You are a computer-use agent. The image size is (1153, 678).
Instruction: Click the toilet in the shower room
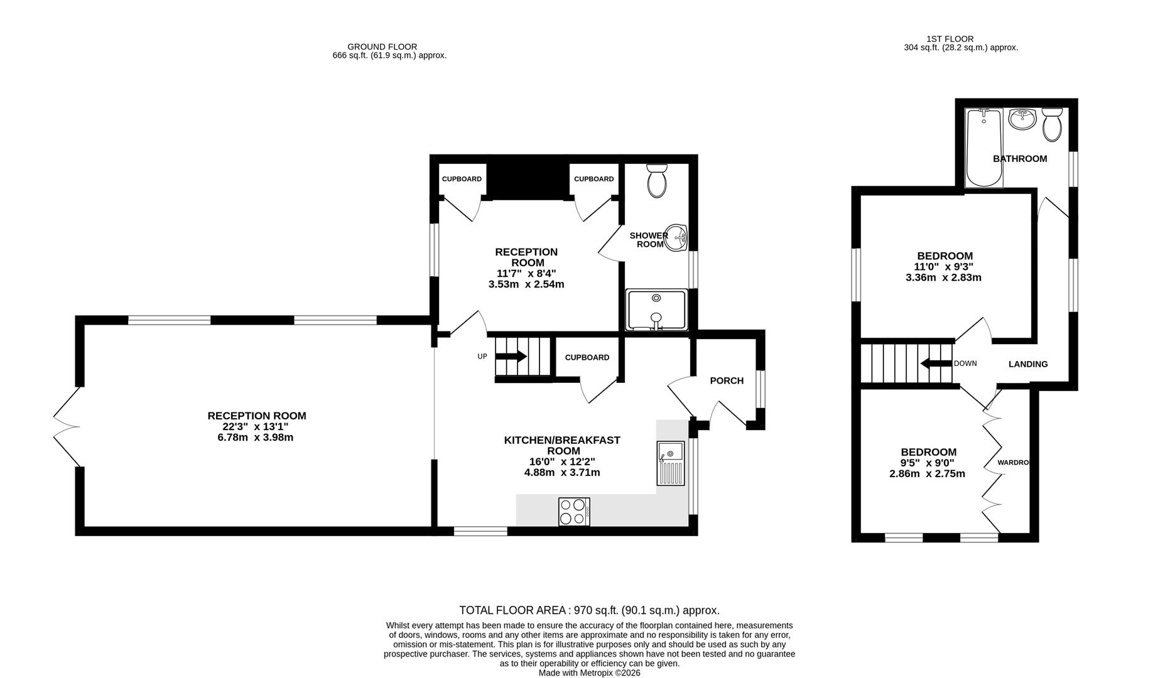[657, 181]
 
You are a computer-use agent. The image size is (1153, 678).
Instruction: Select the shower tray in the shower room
[657, 309]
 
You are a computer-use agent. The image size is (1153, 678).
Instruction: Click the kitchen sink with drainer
[671, 463]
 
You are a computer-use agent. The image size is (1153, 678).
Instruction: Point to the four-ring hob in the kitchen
[574, 511]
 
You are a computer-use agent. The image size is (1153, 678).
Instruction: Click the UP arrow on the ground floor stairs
[511, 357]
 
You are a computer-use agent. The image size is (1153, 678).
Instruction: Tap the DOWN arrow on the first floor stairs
[936, 363]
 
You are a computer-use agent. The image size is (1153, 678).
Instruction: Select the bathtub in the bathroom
[984, 148]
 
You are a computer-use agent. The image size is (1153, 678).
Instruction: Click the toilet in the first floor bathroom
[1052, 124]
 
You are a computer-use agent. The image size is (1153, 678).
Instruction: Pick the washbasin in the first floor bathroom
[1022, 119]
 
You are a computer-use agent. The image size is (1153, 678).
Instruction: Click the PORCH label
[727, 380]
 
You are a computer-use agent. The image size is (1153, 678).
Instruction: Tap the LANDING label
[1028, 364]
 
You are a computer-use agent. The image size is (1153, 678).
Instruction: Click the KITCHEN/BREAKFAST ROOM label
[562, 445]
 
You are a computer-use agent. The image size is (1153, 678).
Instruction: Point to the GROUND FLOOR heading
[382, 46]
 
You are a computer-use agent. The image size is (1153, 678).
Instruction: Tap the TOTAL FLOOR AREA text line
[589, 610]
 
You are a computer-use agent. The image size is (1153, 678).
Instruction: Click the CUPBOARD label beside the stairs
[587, 357]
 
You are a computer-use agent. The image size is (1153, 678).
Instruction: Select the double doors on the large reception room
[67, 427]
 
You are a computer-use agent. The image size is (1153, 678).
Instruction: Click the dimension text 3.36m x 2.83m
[945, 277]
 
